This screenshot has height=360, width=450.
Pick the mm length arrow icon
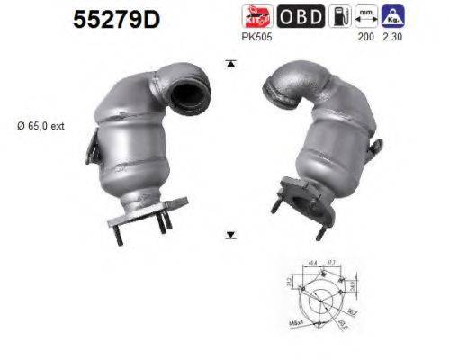(x=365, y=15)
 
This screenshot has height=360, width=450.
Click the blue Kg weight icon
(x=393, y=15)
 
